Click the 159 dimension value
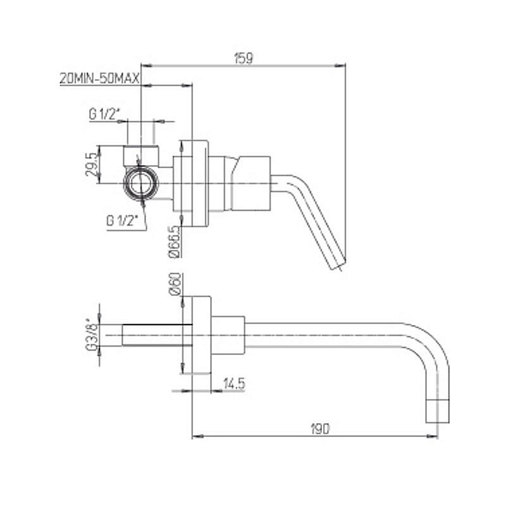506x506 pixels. [244, 58]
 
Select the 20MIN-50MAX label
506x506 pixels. [100, 78]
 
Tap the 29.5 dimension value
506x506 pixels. [91, 164]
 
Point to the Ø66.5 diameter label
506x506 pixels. [174, 242]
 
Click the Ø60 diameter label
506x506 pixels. [175, 284]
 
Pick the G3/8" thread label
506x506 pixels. [92, 335]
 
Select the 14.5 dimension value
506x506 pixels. [234, 383]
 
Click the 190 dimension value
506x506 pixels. [320, 429]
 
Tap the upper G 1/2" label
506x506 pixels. [104, 114]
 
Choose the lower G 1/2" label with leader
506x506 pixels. [122, 221]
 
